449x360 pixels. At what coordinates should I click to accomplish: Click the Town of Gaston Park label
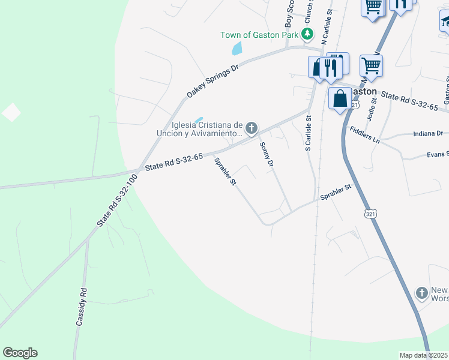coord(259,35)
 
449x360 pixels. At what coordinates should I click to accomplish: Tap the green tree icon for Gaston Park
coord(307,34)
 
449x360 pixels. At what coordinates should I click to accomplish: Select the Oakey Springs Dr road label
coord(212,81)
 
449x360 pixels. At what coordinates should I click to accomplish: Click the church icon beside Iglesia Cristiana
coord(252,128)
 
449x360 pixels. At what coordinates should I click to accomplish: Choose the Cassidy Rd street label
coord(82,307)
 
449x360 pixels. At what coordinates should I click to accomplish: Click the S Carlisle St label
coord(308,134)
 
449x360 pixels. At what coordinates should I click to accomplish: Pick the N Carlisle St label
coord(327,28)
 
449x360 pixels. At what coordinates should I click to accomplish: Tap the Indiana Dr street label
coord(428,133)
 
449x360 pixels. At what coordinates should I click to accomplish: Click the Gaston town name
coord(362,91)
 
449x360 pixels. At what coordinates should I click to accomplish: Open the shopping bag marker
coord(340,98)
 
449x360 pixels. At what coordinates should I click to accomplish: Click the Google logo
coord(20,353)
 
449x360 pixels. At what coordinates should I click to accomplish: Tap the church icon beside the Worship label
coord(422,293)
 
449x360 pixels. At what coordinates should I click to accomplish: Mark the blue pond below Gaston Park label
coord(237,49)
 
